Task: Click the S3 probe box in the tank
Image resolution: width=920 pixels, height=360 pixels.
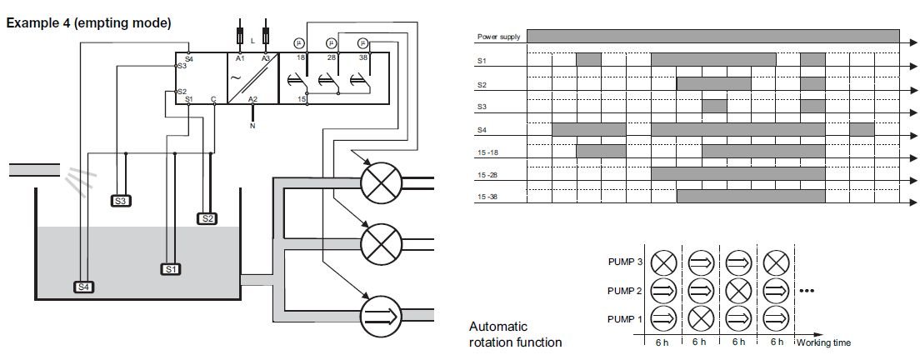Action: tap(122, 201)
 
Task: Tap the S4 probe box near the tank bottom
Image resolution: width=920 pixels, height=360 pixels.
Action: tap(83, 287)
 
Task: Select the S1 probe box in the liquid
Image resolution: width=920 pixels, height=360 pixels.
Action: tap(170, 269)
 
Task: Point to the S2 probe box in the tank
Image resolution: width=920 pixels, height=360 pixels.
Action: tap(207, 218)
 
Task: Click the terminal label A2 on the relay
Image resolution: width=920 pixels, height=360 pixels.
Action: tap(252, 99)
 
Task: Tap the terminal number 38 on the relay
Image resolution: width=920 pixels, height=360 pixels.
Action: tap(362, 57)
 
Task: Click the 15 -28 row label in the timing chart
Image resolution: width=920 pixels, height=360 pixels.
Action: tap(487, 174)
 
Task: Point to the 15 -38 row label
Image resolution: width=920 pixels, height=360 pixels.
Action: tap(487, 197)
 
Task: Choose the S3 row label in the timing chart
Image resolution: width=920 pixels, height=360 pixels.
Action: tap(482, 107)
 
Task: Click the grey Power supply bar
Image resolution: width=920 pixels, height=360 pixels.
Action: tap(712, 36)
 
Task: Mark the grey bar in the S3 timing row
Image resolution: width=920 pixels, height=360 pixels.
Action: tap(713, 106)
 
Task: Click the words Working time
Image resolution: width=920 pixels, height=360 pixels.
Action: tap(824, 342)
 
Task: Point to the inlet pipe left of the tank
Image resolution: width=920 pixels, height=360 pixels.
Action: tap(33, 170)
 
